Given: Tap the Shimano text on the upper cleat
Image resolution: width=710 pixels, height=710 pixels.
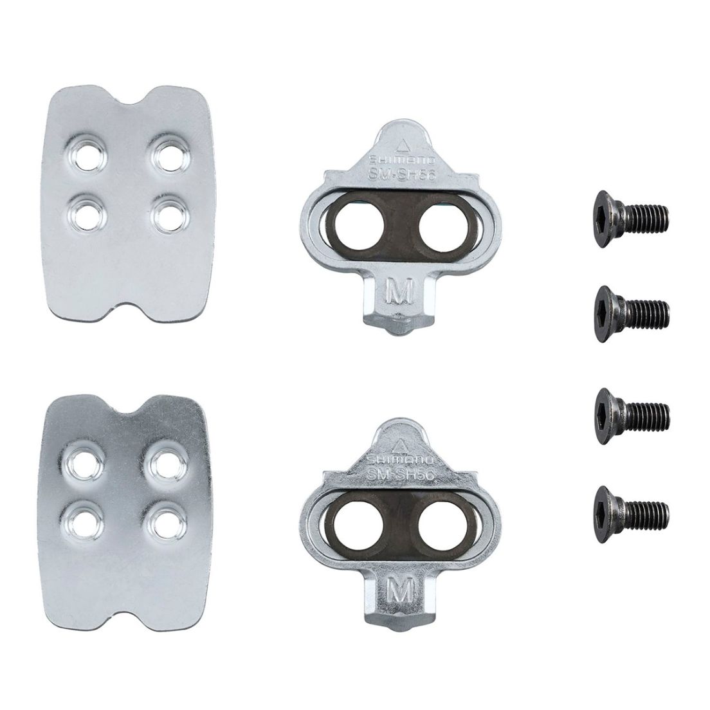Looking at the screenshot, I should click(x=399, y=159).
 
